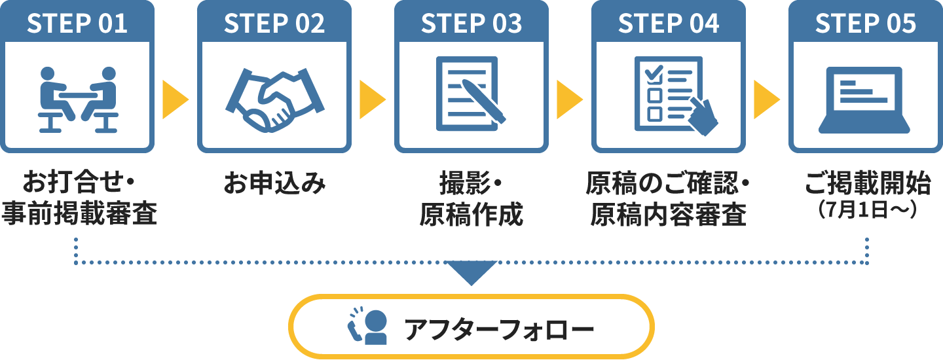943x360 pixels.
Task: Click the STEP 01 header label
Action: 78,24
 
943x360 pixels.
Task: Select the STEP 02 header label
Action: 274,24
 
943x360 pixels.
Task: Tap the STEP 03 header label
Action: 471,24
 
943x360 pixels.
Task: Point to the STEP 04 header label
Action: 669,24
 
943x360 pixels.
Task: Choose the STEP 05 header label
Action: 866,24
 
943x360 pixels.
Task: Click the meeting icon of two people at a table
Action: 78,99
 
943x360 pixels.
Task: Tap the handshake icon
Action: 274,99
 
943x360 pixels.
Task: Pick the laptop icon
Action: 866,98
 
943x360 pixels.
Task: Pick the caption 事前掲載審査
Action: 79,214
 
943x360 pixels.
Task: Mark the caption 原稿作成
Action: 471,214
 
